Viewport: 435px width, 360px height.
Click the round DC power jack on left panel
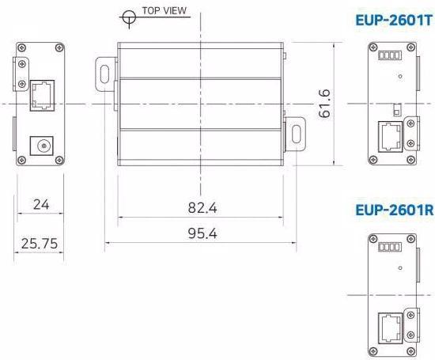[x=39, y=146]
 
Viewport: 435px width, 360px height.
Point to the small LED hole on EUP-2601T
[x=401, y=77]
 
